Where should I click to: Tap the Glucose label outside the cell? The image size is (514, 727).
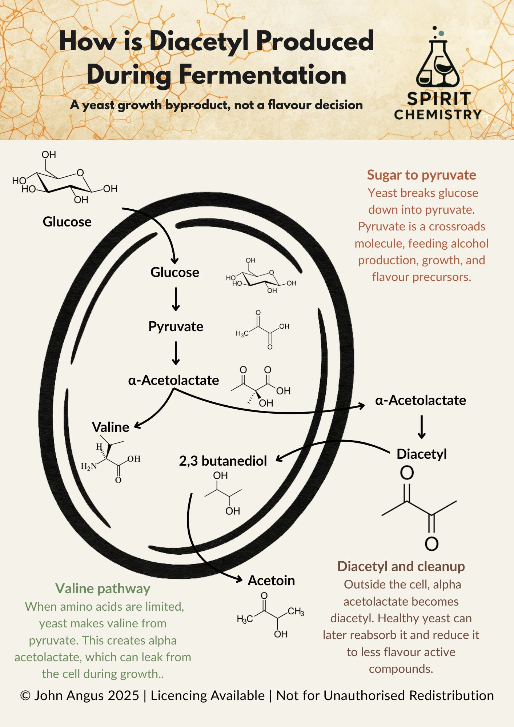tap(67, 222)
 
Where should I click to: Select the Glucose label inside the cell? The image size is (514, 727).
tap(175, 272)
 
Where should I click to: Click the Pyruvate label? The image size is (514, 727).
tap(176, 326)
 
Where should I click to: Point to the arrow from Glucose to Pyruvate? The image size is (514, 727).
tap(176, 299)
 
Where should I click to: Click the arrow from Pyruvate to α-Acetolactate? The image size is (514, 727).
tap(176, 353)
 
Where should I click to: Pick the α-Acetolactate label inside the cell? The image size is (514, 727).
tap(173, 380)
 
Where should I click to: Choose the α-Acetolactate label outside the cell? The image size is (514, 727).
tap(421, 400)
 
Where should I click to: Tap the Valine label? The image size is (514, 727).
tap(111, 427)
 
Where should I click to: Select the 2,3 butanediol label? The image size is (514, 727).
tap(223, 461)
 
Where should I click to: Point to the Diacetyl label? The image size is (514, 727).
tap(422, 454)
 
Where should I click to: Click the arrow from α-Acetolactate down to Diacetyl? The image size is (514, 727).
tap(422, 427)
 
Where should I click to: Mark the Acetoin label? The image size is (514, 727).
tap(271, 581)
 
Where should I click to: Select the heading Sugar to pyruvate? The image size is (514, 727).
tap(421, 175)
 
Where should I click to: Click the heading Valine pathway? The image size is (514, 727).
tap(103, 589)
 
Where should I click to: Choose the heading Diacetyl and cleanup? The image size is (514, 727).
tap(401, 566)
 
